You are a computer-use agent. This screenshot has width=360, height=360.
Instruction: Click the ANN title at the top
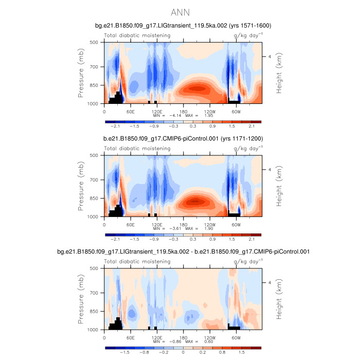(x=180, y=12)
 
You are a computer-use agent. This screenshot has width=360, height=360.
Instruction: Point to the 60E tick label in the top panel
(x=131, y=111)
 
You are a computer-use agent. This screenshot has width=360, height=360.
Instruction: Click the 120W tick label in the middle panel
(x=210, y=224)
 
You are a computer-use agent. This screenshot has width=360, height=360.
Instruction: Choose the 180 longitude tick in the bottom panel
(x=184, y=337)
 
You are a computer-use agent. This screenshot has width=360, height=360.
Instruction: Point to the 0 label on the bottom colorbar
(x=183, y=353)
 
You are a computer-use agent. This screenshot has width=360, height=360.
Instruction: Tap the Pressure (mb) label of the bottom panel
(x=81, y=299)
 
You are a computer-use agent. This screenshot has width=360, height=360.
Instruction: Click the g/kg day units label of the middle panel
(x=248, y=149)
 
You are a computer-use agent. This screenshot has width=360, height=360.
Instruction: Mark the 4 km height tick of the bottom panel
(x=269, y=282)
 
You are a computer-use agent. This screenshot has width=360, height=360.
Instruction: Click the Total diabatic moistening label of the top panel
(x=137, y=35)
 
